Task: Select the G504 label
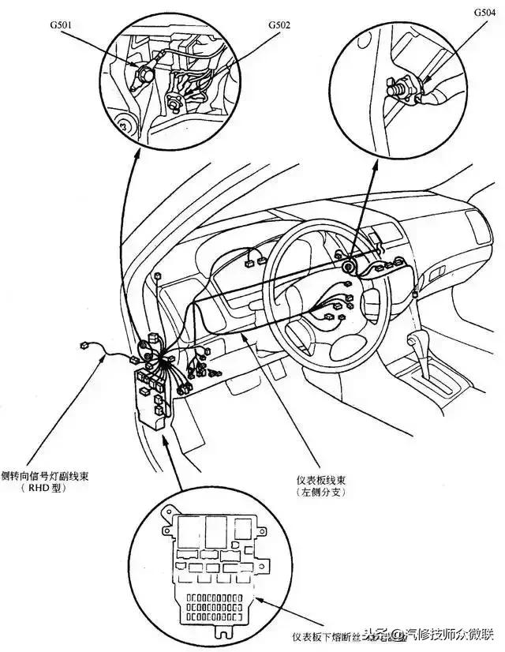pyautogui.click(x=484, y=13)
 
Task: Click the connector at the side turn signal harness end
pyautogui.click(x=84, y=345)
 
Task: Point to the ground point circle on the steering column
pyautogui.click(x=346, y=266)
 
